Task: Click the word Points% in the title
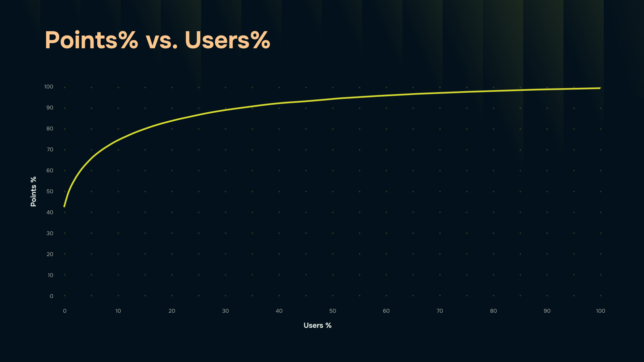point(91,40)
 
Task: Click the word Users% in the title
point(227,40)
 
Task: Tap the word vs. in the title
point(161,42)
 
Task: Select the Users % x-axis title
point(317,325)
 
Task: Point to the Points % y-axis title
point(33,191)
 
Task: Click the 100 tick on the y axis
point(49,87)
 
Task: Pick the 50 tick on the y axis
point(50,191)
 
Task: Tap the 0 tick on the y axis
point(51,296)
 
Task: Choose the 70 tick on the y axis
point(50,149)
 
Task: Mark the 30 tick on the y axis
point(50,233)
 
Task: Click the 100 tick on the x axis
point(600,311)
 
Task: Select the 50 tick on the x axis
point(332,311)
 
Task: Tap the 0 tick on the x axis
point(65,311)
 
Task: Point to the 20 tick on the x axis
point(172,311)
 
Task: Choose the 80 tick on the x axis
point(493,311)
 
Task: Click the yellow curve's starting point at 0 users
point(64,206)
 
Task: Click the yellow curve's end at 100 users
point(600,88)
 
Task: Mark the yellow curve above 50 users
point(332,99)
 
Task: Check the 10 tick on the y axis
point(50,275)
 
